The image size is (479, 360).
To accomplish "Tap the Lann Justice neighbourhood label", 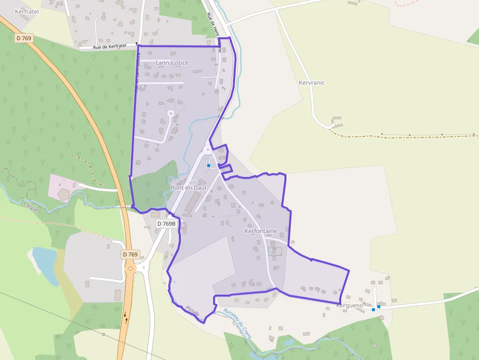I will point(172,63).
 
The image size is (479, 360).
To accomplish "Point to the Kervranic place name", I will point(311,83).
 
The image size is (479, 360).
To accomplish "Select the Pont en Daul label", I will point(188,188).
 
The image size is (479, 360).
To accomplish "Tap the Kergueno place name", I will point(349,306).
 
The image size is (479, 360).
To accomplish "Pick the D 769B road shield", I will point(166,223).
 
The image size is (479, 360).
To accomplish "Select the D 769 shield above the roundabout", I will point(131,254).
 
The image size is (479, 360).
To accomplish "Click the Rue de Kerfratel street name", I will point(109,46).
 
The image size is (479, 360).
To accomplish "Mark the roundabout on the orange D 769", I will point(131,268).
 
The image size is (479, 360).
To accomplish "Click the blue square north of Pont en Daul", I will point(209,166).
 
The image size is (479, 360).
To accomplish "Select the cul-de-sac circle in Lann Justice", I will point(171,113).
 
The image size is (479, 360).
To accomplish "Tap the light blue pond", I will point(44,264).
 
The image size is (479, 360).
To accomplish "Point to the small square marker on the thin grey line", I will point(103,334).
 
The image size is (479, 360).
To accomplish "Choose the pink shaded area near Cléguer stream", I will point(64,188).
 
